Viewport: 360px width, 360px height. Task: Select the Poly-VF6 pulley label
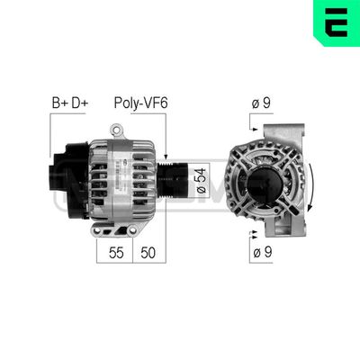tap(140, 103)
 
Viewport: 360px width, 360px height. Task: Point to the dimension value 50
tap(149, 254)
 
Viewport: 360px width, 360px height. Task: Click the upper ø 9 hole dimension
tap(261, 103)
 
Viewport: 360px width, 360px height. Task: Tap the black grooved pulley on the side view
tap(171, 181)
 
